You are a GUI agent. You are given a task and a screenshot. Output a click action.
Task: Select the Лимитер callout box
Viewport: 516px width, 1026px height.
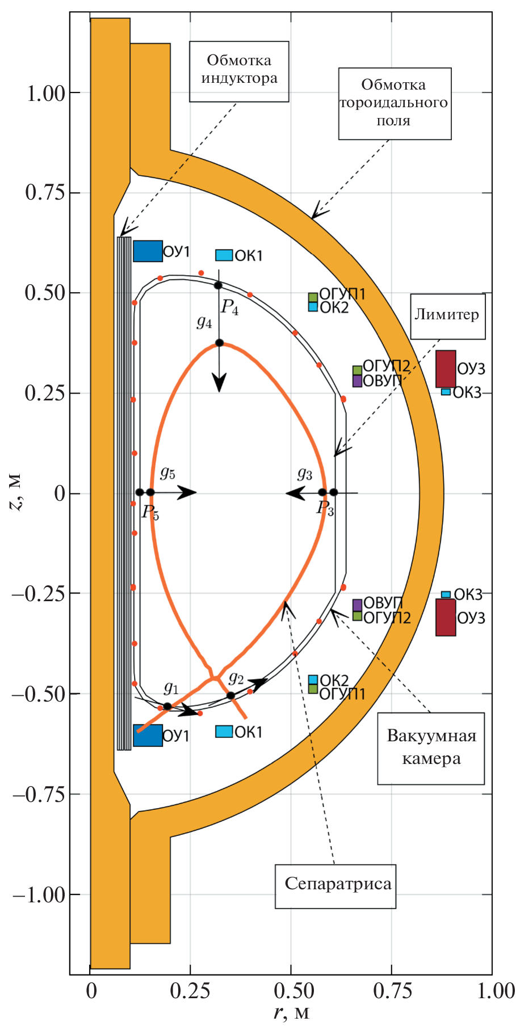(x=447, y=316)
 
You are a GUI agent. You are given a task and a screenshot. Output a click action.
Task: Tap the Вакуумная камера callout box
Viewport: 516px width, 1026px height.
(x=431, y=748)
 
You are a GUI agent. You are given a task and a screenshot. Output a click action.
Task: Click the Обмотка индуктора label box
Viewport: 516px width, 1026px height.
(x=239, y=70)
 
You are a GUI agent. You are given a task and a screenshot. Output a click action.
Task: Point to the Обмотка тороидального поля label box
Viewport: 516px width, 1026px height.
(x=395, y=103)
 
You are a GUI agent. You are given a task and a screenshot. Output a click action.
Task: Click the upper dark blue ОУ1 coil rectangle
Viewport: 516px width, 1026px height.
(x=148, y=251)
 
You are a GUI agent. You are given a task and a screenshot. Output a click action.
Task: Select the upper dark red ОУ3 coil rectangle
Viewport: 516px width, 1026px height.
(x=446, y=369)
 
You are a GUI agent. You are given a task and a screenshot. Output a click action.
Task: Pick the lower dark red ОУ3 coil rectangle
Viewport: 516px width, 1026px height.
(x=446, y=617)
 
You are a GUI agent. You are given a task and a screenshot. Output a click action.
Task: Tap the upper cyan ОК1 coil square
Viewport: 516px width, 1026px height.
(x=224, y=255)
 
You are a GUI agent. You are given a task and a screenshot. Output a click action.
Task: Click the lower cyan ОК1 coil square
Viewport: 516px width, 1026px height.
(x=224, y=732)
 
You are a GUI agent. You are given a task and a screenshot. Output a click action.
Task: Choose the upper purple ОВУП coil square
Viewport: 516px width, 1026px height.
(x=357, y=381)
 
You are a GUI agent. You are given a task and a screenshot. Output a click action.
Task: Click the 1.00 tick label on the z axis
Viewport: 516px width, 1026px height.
(x=46, y=94)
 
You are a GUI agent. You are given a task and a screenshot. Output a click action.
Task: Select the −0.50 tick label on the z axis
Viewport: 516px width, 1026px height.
(x=39, y=694)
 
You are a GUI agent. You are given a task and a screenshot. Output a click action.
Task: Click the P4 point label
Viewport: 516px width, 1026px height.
(x=229, y=308)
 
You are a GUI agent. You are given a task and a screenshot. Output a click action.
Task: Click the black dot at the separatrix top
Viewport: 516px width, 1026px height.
(x=219, y=343)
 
